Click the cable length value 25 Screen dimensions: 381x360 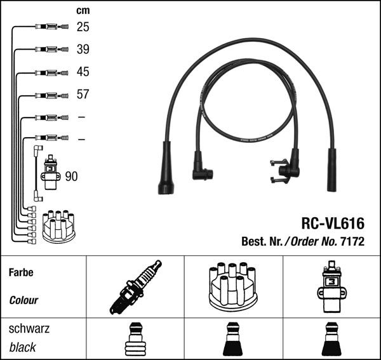[x=83, y=27]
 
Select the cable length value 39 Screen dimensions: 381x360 [x=83, y=50]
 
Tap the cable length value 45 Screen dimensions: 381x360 [x=83, y=72]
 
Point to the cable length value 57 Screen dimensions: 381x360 [x=83, y=94]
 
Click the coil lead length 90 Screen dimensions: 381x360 [x=71, y=177]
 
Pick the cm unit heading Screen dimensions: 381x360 [x=83, y=10]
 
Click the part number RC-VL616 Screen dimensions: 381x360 [x=333, y=223]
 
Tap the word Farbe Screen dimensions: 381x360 [x=21, y=272]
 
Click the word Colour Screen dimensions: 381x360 [x=23, y=300]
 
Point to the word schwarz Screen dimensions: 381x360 [x=29, y=329]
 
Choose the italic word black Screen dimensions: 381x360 [x=22, y=347]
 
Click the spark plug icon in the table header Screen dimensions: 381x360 [x=135, y=287]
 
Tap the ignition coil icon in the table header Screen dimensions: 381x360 [x=331, y=287]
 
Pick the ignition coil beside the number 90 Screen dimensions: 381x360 [x=51, y=172]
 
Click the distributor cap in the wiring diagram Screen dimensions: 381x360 [x=59, y=227]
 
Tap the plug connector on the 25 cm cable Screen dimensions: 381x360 [x=52, y=27]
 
